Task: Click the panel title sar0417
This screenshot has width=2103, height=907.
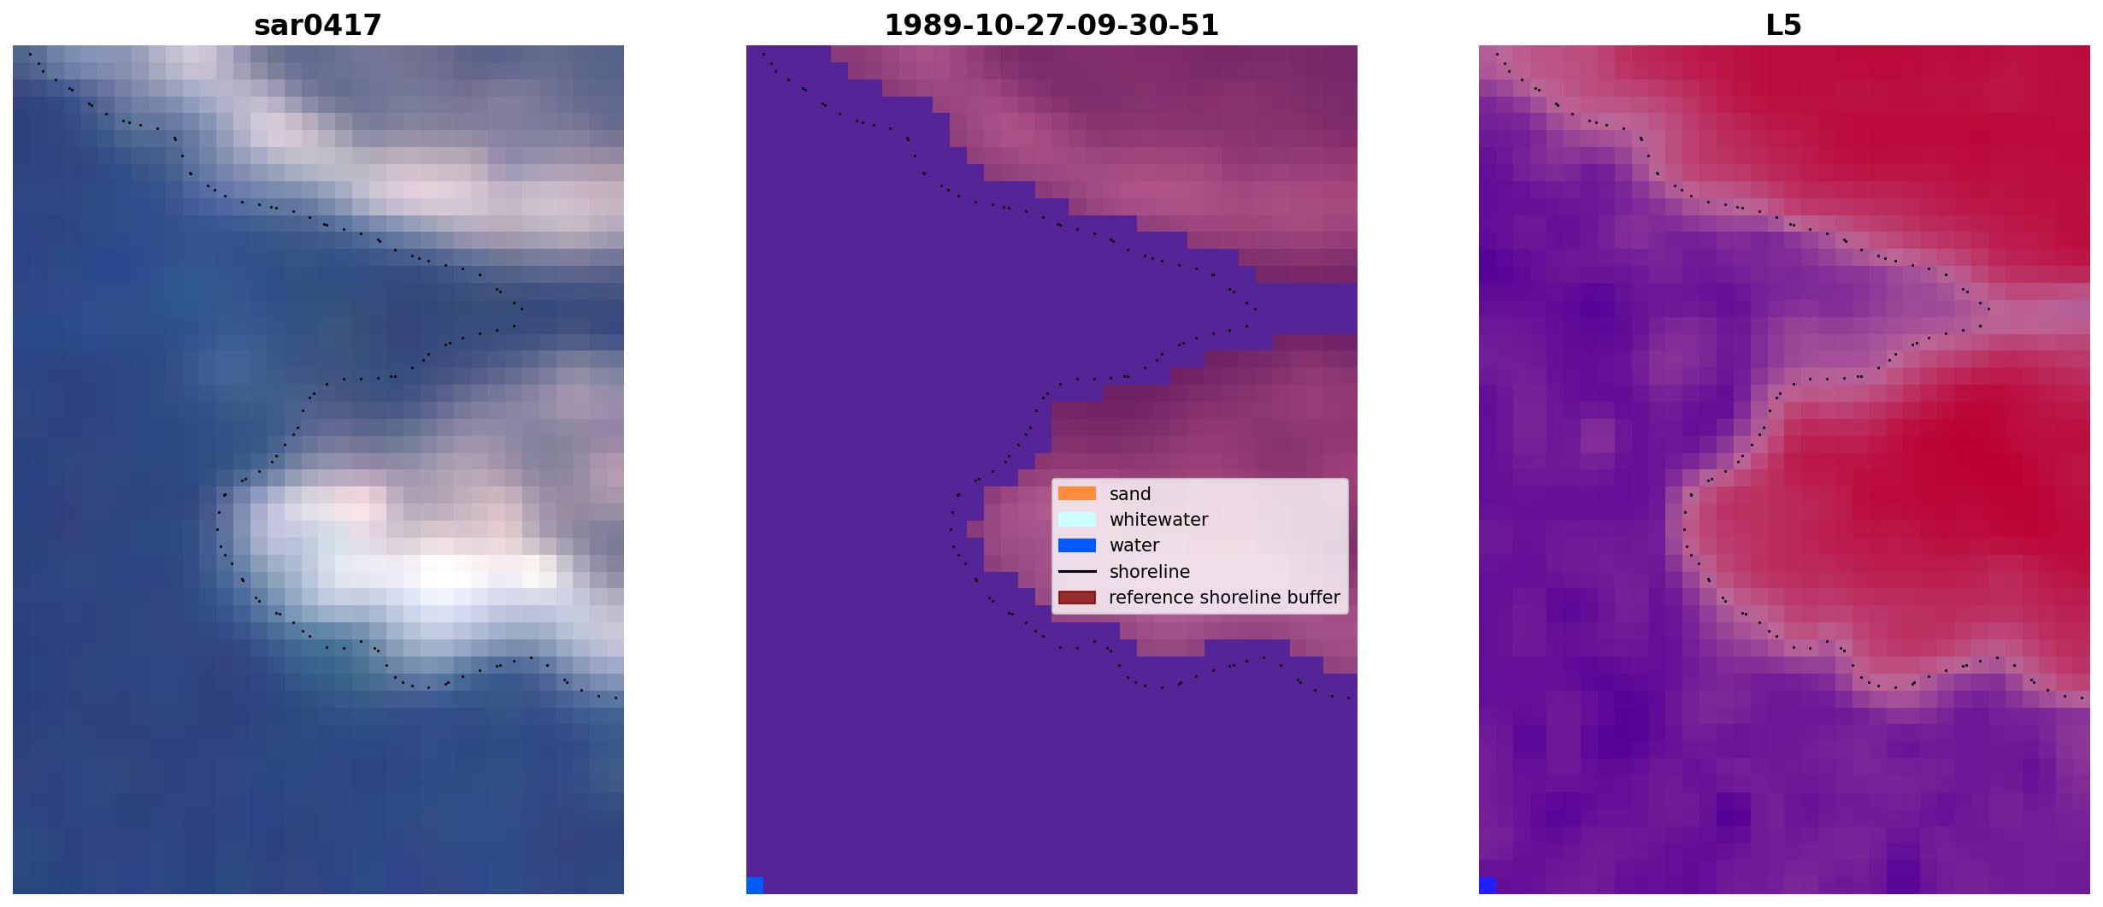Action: (x=318, y=26)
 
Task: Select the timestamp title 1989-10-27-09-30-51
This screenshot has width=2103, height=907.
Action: (x=1051, y=26)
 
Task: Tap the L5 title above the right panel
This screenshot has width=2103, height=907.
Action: (x=1784, y=26)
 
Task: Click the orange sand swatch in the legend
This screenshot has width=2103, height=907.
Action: (x=1077, y=493)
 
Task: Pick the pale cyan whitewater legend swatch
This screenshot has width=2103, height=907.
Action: (x=1077, y=519)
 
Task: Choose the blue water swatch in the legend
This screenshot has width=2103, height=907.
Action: (x=1077, y=545)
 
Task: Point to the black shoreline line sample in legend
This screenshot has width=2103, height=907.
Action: (x=1077, y=571)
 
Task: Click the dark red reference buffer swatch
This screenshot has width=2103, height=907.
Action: (x=1077, y=598)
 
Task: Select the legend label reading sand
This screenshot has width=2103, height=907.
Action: (x=1130, y=494)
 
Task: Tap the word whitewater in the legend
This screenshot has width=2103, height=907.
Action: (x=1158, y=520)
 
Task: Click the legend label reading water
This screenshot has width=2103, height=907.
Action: (x=1134, y=545)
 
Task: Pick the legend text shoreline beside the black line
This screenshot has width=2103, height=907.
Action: (x=1150, y=572)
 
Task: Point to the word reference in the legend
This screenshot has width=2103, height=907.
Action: (x=1151, y=598)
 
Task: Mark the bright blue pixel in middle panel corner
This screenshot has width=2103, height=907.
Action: (x=755, y=886)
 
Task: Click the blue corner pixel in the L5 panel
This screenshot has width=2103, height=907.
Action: (x=1487, y=886)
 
